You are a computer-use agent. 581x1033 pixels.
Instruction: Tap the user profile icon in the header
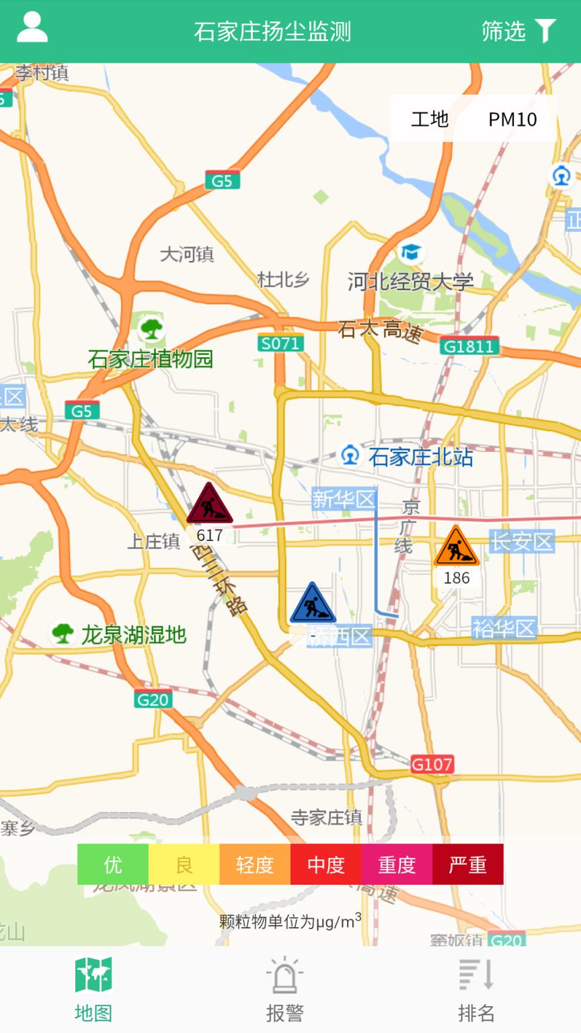pos(32,28)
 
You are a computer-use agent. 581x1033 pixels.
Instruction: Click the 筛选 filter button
pos(518,31)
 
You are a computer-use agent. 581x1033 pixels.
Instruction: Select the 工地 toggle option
pos(430,119)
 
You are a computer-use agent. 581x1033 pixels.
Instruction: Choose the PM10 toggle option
pos(512,119)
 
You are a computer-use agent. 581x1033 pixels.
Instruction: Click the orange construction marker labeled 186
pos(457,547)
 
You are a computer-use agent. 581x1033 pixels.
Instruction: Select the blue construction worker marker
pos(313,604)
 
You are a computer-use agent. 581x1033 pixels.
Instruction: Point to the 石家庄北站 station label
pos(420,457)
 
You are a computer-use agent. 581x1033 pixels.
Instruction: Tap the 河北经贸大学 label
pos(410,281)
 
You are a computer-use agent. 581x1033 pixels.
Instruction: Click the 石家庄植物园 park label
pos(151,358)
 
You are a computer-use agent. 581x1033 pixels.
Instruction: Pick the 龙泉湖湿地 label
pos(133,634)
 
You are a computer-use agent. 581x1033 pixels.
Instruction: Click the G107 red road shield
pos(432,764)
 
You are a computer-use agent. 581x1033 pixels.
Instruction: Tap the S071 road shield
pos(280,344)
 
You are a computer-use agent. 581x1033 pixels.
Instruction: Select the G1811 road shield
pos(469,346)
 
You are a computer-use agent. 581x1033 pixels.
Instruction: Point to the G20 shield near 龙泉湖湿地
pos(153,699)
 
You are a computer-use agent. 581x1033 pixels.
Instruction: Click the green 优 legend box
pos(113,864)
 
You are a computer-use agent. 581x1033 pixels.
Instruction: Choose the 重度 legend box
pos(397,864)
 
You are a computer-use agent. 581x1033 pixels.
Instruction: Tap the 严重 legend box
pos(467,864)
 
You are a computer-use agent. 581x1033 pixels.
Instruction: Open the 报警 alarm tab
pos(284,989)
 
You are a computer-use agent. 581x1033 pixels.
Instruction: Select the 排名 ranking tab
pos(476,989)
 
